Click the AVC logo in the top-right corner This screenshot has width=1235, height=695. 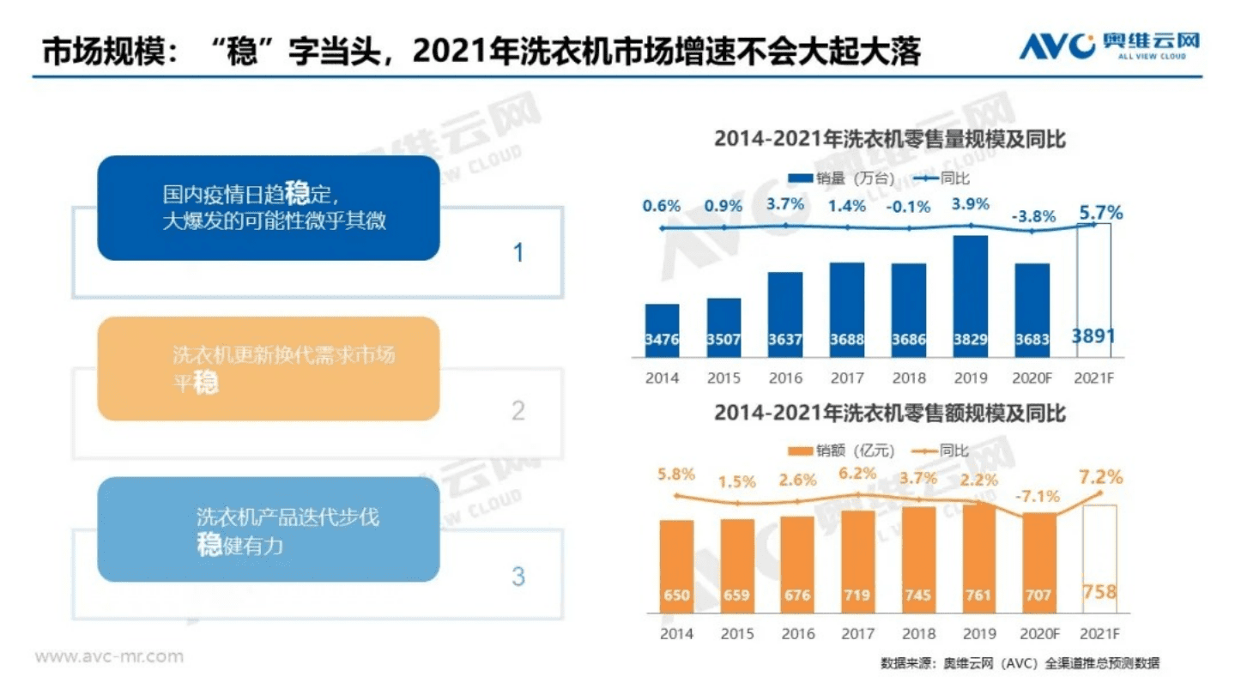click(1108, 45)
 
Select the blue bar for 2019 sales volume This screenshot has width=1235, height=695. click(970, 296)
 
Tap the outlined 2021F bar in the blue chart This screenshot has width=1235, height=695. click(1093, 292)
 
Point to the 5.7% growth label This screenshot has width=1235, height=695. click(1101, 213)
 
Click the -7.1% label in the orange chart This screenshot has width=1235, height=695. click(1038, 496)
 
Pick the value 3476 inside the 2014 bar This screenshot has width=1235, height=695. click(662, 340)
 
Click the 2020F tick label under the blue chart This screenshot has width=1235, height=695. click(1032, 378)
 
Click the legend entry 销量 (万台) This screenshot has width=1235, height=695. click(842, 178)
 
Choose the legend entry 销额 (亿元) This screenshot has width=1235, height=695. click(842, 450)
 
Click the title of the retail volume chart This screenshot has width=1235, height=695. click(889, 139)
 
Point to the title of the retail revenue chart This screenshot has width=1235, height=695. click(889, 414)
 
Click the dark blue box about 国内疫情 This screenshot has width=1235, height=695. click(268, 208)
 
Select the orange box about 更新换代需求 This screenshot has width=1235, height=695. click(268, 368)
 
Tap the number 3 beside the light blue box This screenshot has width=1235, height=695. click(518, 576)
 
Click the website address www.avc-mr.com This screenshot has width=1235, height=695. click(109, 656)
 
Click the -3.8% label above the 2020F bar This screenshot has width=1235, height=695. click(1032, 216)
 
